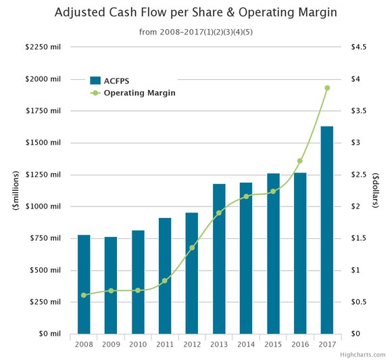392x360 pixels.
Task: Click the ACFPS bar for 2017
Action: click(x=326, y=230)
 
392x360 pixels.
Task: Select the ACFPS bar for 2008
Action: click(x=84, y=284)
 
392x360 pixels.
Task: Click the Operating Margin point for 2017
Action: click(x=327, y=88)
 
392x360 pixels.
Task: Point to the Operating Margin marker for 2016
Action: click(x=300, y=161)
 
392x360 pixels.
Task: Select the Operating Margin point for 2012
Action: click(x=192, y=248)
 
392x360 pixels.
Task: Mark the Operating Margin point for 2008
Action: click(x=84, y=295)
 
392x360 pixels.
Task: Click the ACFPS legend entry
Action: click(x=112, y=79)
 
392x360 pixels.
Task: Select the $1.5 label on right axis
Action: click(x=358, y=238)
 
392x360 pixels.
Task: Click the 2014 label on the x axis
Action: click(x=246, y=345)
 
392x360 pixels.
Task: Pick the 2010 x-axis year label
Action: click(x=138, y=345)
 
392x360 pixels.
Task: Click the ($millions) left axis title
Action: click(x=13, y=190)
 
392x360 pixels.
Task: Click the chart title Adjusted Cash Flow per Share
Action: click(x=195, y=13)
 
